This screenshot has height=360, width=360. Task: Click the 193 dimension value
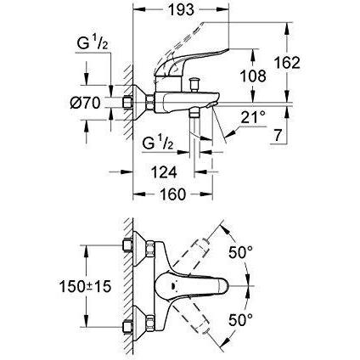[x=181, y=10]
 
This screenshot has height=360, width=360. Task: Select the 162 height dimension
[x=287, y=63]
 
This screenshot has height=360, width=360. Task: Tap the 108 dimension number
[x=253, y=76]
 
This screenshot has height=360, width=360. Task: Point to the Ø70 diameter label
[x=86, y=103]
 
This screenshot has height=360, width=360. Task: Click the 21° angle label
[x=253, y=118]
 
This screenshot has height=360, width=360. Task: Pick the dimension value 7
[x=278, y=136]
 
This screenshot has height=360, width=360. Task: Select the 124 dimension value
[x=164, y=172]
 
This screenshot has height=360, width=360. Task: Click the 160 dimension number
[x=173, y=194]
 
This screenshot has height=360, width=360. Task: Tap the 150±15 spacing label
[x=85, y=287]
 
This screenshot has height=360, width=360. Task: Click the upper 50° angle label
[x=240, y=252]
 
